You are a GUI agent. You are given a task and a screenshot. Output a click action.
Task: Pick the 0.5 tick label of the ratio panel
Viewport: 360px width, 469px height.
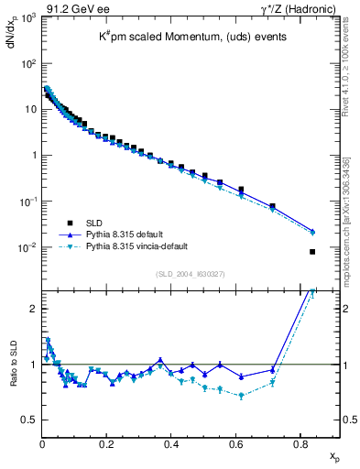(29, 420)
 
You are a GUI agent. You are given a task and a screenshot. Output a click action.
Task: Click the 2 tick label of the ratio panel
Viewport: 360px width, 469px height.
(33, 309)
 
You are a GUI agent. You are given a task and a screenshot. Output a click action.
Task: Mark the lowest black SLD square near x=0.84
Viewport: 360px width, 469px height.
(312, 252)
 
